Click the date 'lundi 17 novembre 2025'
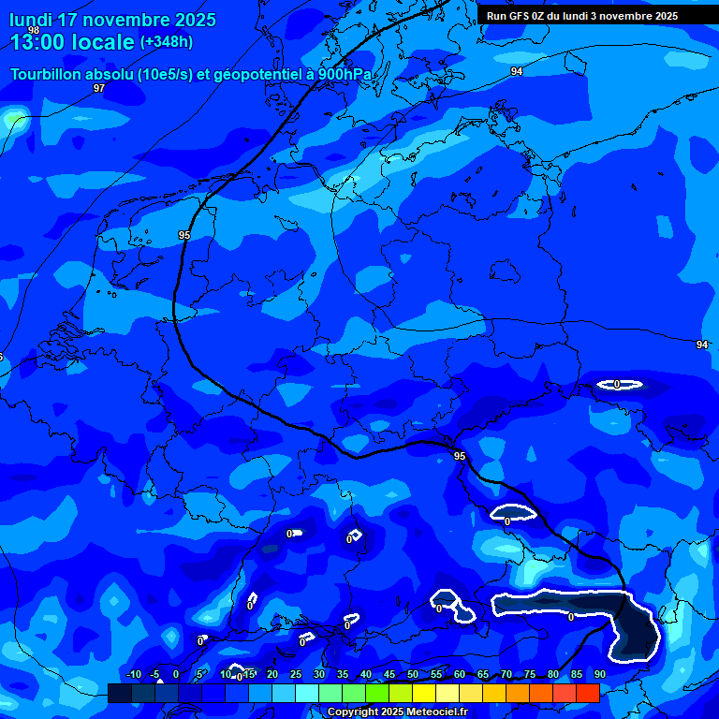pos(112,20)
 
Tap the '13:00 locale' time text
pos(71,42)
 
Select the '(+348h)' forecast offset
pos(167,42)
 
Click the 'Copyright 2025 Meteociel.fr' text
pos(397,712)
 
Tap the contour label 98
pos(34,31)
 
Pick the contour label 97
pos(99,88)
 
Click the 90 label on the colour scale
pos(599,674)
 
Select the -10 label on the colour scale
pos(133,674)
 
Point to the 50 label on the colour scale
pos(413,674)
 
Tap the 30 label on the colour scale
pos(319,674)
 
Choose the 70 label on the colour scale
pos(506,674)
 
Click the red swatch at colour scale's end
pos(587,693)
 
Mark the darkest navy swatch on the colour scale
pos(119,693)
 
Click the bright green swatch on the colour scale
pos(376,693)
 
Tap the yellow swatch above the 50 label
pos(423,693)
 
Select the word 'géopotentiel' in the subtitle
pos(268,74)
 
